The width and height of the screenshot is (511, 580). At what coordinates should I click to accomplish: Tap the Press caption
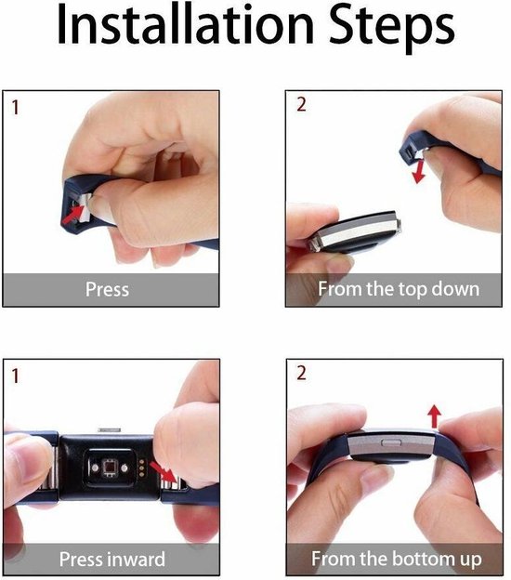(x=107, y=289)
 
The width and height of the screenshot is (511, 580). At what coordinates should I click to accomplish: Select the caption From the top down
(x=399, y=289)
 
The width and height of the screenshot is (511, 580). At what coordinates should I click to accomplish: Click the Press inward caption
(x=111, y=559)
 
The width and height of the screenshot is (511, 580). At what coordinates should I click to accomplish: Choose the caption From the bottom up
(x=397, y=559)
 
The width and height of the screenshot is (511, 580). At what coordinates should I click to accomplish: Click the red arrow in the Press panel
(x=73, y=214)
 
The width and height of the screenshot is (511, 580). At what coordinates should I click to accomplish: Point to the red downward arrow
(x=419, y=167)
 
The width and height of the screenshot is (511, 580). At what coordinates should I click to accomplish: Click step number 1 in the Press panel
(x=15, y=106)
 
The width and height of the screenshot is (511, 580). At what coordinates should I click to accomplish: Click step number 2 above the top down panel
(x=300, y=105)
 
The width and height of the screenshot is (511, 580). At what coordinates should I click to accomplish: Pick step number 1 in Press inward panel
(x=15, y=376)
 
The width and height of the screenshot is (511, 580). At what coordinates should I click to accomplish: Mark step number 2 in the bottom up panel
(x=300, y=375)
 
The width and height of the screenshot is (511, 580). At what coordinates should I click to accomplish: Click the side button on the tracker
(x=385, y=444)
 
